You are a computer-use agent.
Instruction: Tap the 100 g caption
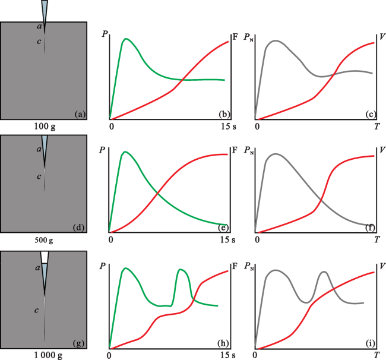(45, 127)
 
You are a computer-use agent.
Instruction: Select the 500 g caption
(45, 241)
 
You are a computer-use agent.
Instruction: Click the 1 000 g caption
(45, 355)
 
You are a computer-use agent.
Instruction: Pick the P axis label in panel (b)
(105, 34)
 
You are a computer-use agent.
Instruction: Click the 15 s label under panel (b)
(226, 126)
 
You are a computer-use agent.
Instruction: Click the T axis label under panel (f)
(376, 240)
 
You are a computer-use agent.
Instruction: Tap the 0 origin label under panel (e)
(111, 240)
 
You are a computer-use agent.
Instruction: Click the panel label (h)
(222, 342)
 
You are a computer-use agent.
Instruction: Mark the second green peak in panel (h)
(182, 270)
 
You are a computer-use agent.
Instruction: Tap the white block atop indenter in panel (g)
(45, 257)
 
